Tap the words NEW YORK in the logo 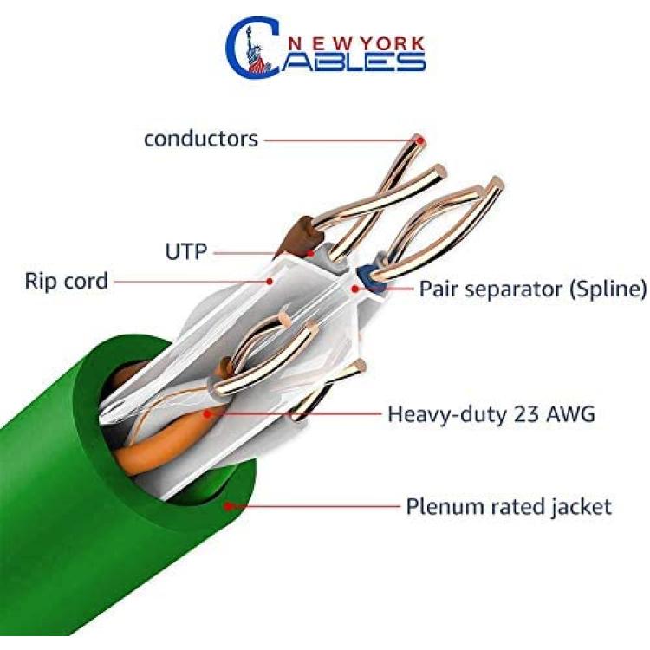(x=355, y=44)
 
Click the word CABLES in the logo (x=325, y=49)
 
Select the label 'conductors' (x=201, y=139)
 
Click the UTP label (x=186, y=251)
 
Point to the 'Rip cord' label (x=67, y=281)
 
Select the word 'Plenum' (x=437, y=507)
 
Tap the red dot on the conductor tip (x=420, y=141)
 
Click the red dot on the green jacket (x=228, y=506)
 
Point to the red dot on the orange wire (x=208, y=413)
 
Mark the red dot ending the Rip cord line (x=270, y=282)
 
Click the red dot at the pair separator (x=354, y=289)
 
